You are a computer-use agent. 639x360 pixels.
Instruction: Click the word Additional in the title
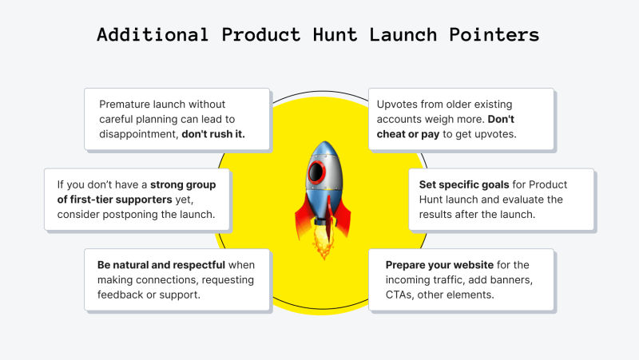[153, 34]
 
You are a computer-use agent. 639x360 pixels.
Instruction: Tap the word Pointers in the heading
[494, 34]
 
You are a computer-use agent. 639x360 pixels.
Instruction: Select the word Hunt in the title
[335, 34]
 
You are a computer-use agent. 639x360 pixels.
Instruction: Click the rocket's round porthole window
[317, 172]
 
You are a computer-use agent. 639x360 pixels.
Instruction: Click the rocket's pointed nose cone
[324, 149]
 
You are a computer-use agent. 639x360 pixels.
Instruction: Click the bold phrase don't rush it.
[213, 134]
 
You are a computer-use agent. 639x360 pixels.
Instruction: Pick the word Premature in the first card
[124, 105]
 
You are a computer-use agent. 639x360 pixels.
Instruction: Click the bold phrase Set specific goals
[464, 185]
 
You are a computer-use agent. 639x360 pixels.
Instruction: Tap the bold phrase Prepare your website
[440, 265]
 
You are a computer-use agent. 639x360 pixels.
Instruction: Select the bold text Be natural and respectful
[161, 265]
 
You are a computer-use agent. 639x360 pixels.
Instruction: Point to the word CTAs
[399, 295]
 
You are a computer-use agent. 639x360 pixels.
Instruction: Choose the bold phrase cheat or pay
[408, 135]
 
